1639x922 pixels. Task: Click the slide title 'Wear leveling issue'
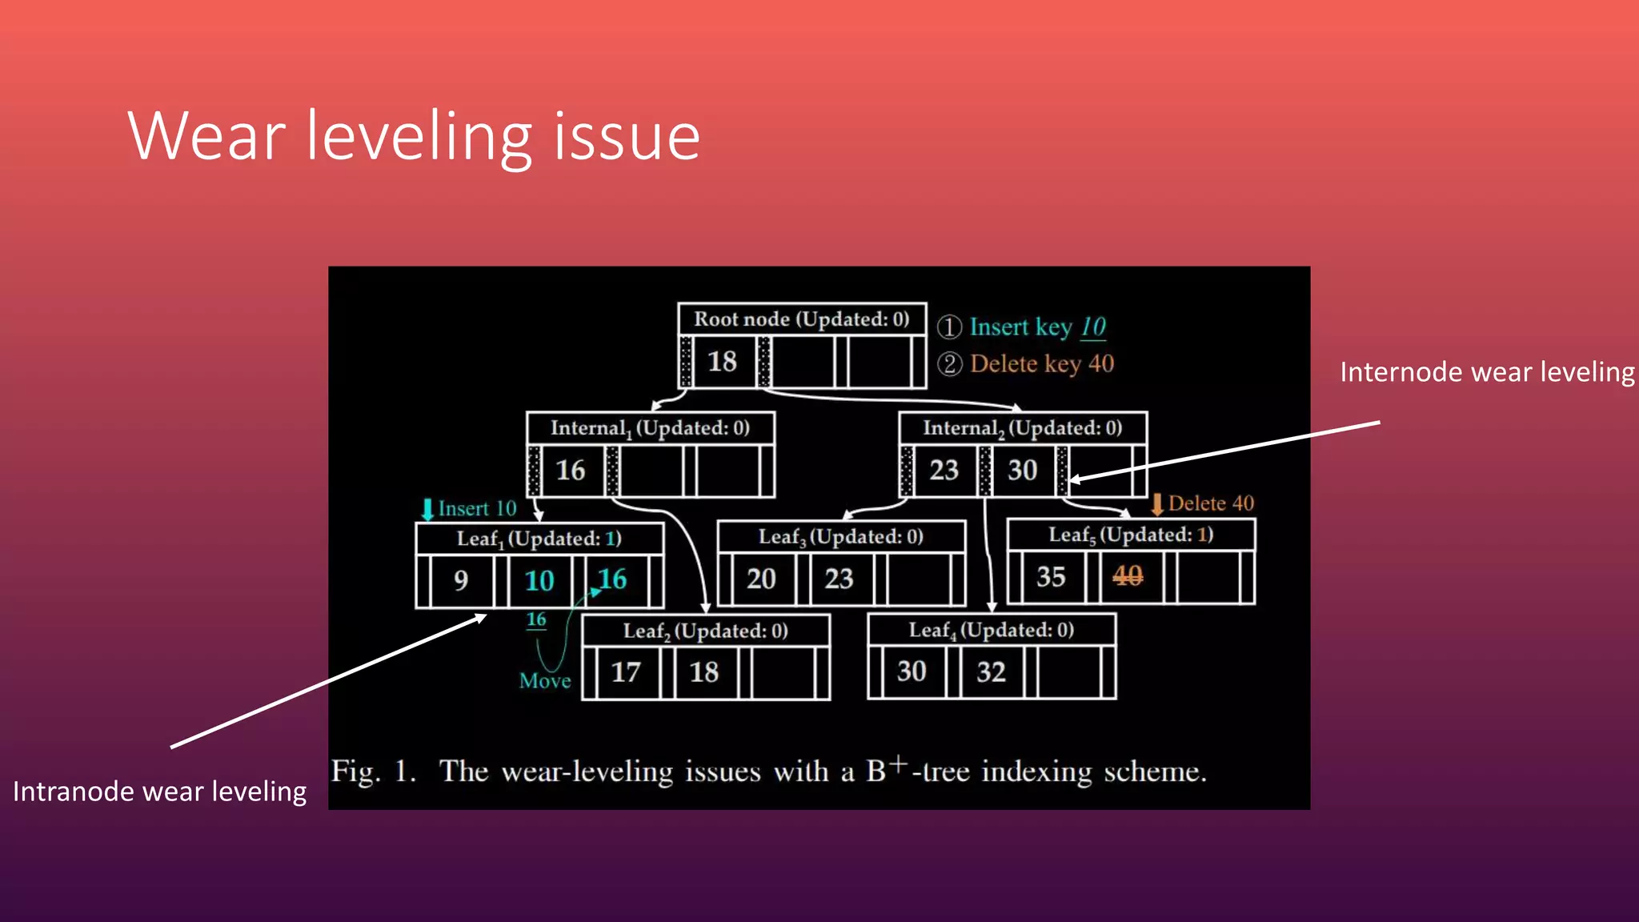(414, 136)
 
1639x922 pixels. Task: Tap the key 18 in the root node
(722, 362)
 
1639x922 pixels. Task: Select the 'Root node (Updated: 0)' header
(802, 319)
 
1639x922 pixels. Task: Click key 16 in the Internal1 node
(571, 471)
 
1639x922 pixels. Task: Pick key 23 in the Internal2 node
(944, 470)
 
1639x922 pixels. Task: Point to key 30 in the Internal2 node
(1022, 470)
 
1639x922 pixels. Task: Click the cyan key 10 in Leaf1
(539, 580)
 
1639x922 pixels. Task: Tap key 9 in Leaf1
(461, 580)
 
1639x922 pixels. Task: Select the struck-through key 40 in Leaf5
(1128, 575)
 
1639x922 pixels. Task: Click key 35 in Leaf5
(1051, 577)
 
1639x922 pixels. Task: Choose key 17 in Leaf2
(626, 672)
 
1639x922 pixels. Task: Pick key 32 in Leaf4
(991, 671)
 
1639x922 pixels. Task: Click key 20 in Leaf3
(761, 579)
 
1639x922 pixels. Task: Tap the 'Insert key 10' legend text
(1037, 327)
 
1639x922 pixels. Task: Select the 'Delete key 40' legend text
(1042, 364)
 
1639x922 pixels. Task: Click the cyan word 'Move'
(545, 681)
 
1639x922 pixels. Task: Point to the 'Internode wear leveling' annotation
(1487, 372)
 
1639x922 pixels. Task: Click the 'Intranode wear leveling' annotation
(160, 792)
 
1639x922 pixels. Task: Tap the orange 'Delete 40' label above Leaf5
(1210, 503)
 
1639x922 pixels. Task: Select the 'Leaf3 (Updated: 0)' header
(841, 536)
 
